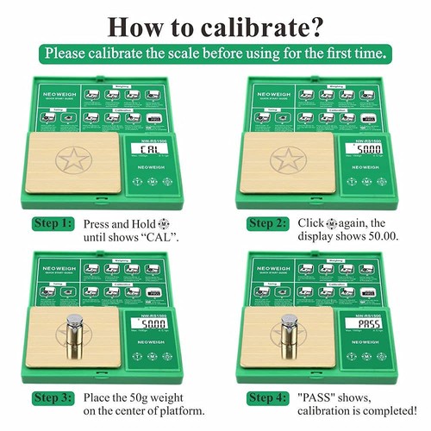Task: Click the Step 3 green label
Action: [53, 397]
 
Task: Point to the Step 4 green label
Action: [268, 397]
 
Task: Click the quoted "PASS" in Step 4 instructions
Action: [321, 397]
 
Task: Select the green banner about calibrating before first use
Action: [215, 53]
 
